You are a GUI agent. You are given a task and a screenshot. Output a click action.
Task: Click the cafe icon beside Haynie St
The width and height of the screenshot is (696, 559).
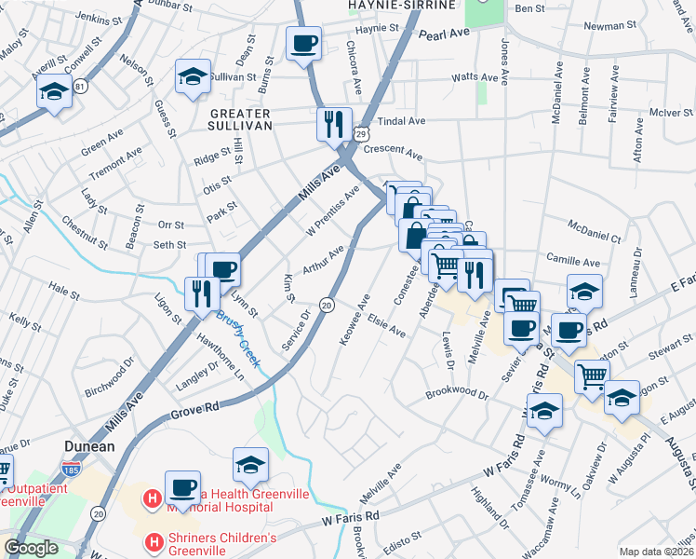(x=303, y=43)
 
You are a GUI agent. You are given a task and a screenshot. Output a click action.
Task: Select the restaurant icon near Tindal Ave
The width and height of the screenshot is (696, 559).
(x=333, y=124)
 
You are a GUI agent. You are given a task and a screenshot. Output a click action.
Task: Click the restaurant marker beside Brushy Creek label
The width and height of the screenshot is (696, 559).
(x=202, y=293)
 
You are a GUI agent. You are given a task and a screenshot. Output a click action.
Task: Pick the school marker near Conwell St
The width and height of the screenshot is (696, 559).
(x=54, y=92)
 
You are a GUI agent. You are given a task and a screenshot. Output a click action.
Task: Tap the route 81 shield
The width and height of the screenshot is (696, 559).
(x=81, y=87)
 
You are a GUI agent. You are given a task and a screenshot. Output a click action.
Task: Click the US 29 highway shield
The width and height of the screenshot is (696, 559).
(x=357, y=135)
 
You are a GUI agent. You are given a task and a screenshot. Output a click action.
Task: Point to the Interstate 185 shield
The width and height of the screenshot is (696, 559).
(x=70, y=469)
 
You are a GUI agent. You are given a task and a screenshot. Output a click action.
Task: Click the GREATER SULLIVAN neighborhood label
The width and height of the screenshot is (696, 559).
(x=234, y=117)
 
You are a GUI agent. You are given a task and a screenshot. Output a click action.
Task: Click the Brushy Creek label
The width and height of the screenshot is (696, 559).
(x=238, y=339)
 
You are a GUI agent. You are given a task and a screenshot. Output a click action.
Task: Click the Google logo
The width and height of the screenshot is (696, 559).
(x=31, y=548)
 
